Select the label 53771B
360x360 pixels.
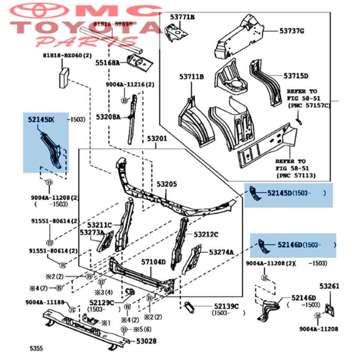182,17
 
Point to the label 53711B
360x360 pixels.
191,77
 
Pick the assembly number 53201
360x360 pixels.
156,139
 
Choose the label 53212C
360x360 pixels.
206,234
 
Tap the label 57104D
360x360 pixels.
153,262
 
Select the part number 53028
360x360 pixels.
146,341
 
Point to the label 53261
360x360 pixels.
329,286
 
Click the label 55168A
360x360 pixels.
107,63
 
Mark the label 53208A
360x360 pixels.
108,117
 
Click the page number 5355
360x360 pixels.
35,348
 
